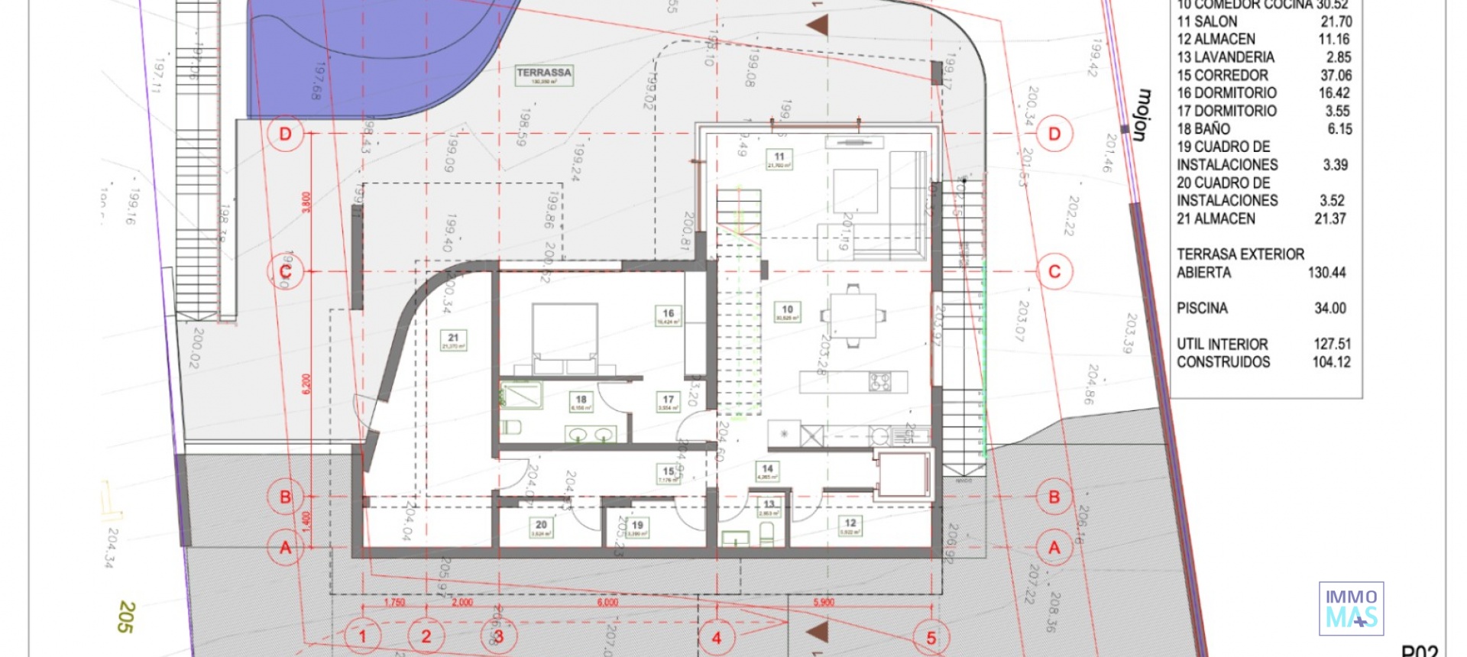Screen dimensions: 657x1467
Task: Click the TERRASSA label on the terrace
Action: (543, 74)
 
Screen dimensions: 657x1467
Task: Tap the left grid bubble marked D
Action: (285, 134)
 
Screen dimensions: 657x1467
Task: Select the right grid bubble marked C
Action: (1054, 271)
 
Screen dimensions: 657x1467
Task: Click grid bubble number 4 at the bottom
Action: (717, 637)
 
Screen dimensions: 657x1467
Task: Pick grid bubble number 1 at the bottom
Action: (362, 636)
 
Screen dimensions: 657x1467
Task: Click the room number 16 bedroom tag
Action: (669, 316)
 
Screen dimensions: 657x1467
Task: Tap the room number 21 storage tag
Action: (453, 340)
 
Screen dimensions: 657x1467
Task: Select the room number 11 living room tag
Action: (779, 159)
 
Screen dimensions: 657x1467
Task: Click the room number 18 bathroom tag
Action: (581, 402)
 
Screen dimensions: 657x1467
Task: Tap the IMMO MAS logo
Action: (1351, 609)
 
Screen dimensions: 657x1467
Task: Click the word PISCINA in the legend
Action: (1202, 309)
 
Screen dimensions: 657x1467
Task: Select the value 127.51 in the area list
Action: (1332, 345)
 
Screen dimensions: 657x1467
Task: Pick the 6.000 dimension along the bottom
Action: (607, 603)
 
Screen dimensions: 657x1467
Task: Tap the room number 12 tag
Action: (850, 526)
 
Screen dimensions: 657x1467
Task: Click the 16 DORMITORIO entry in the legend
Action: (1226, 93)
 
